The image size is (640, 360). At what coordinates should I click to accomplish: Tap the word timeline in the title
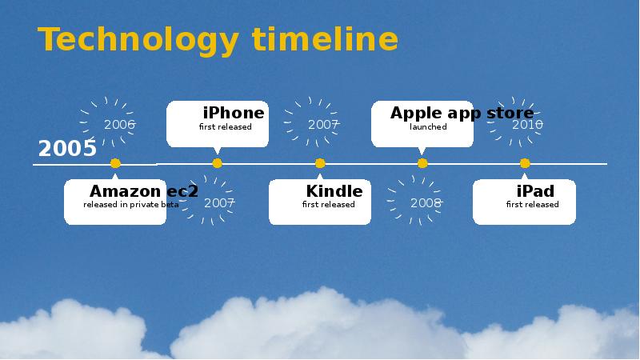point(325,38)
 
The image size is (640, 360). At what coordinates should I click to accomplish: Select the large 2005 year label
point(67,149)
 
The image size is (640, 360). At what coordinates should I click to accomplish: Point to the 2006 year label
point(119,125)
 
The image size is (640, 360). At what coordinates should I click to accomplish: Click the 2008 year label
point(426,203)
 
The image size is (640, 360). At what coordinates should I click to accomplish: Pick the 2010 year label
point(527,125)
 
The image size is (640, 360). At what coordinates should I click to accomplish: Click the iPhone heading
point(234,113)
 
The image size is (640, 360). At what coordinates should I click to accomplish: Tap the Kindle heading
point(334,191)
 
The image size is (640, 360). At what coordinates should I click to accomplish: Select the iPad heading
point(535,191)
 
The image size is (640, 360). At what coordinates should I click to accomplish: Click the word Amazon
point(126,191)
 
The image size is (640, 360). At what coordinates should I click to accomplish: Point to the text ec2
point(182,191)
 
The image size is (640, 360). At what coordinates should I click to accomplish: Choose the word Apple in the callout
point(415,114)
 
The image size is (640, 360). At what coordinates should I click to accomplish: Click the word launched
point(428,127)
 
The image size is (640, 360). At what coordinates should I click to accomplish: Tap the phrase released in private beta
point(130,205)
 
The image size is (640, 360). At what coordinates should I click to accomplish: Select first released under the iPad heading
point(532,205)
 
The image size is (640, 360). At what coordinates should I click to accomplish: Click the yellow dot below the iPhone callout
point(217,163)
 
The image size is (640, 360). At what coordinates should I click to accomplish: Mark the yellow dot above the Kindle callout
point(320,163)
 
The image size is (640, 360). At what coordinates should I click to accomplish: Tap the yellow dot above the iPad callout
point(525,163)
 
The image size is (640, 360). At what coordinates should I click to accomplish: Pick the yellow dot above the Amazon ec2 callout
point(115,163)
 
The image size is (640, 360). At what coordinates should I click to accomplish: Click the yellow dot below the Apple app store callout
point(422,163)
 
